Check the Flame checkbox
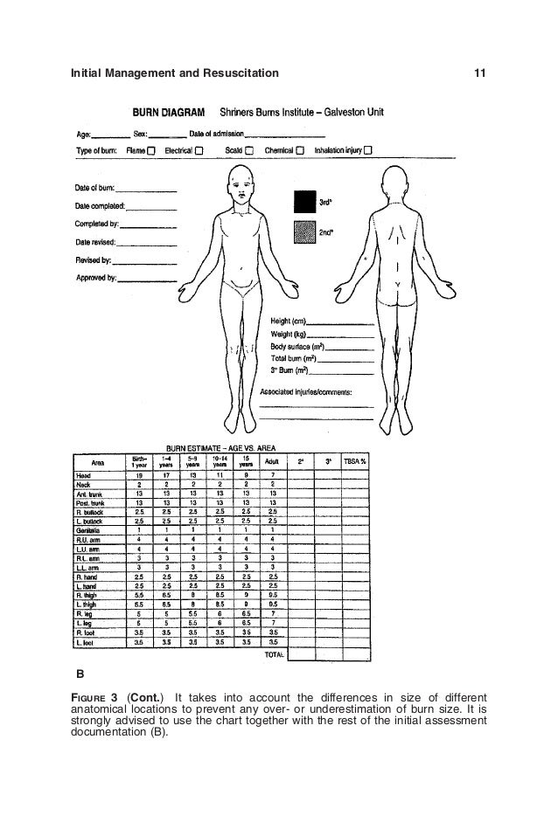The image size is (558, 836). pyautogui.click(x=151, y=149)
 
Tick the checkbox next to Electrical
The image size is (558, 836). pyautogui.click(x=199, y=149)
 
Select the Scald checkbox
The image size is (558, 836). pyautogui.click(x=248, y=149)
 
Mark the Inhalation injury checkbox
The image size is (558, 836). pyautogui.click(x=368, y=149)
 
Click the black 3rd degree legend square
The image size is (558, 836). pyautogui.click(x=303, y=201)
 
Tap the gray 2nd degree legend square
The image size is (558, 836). pyautogui.click(x=303, y=232)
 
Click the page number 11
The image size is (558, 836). pyautogui.click(x=479, y=72)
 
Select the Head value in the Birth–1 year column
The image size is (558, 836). pyautogui.click(x=139, y=474)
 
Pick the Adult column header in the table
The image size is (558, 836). pyautogui.click(x=273, y=460)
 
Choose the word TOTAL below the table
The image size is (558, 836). pyautogui.click(x=274, y=653)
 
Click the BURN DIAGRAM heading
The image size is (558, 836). pyautogui.click(x=169, y=112)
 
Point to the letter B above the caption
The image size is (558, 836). pyautogui.click(x=80, y=674)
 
